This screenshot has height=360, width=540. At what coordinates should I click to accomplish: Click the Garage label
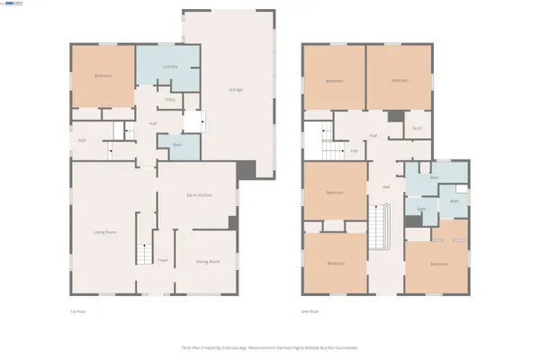pos(236,90)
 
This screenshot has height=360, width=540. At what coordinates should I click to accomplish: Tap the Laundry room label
pos(168,67)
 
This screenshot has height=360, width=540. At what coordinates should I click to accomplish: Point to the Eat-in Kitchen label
pos(198,195)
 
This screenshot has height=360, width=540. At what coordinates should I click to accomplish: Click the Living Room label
pos(105,231)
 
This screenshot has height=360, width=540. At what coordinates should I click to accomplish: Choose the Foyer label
pos(163,260)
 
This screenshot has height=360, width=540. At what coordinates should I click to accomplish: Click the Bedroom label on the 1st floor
pos(103,76)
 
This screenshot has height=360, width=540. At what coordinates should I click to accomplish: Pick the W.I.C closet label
pos(417,127)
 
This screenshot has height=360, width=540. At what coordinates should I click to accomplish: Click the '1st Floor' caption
pos(77,311)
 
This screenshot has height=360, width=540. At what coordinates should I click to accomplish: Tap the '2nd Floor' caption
pos(310,311)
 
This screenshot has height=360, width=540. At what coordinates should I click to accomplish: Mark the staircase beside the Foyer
pos(144,254)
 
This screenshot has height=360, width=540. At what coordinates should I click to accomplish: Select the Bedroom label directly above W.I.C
pos(400,80)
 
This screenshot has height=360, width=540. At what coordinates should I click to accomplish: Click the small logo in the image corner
pos(13,4)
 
